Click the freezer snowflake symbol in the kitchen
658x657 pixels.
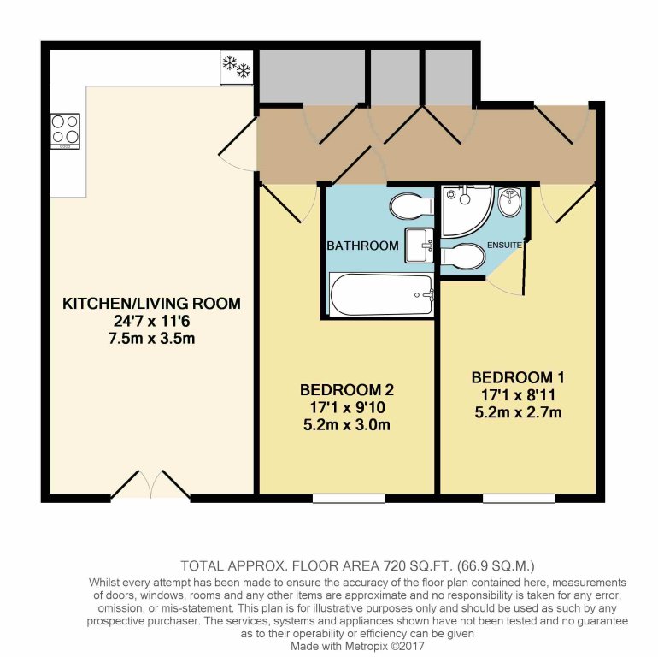coord(237,68)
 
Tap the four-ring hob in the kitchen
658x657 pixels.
coord(65,131)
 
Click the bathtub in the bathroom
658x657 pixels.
coord(381,294)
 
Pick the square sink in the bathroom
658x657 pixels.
coord(420,246)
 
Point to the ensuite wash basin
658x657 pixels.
coord(510,202)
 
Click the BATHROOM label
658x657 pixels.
coord(362,246)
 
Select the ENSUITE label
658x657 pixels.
coord(504,245)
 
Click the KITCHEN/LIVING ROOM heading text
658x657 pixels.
coord(151,304)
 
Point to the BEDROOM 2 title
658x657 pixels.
coord(347,390)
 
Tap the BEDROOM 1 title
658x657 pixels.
coord(518,377)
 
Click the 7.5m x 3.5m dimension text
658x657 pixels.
coord(151,338)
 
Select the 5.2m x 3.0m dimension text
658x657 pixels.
coord(347,424)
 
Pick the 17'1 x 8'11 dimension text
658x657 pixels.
coord(518,395)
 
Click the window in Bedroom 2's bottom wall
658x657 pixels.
coord(349,498)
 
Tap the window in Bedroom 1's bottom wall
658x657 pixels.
coord(519,498)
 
